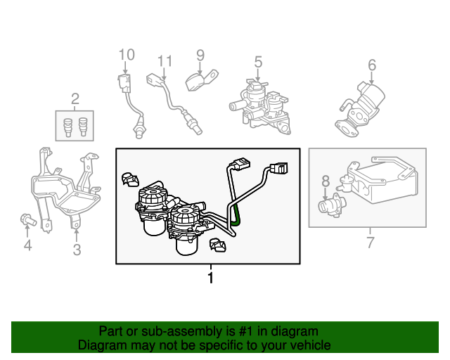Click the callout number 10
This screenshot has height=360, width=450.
click(x=126, y=55)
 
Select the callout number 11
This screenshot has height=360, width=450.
click(x=165, y=61)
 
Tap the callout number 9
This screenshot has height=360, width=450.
click(x=200, y=55)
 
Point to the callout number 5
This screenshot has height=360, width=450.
click(x=258, y=62)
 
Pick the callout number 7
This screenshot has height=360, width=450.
click(x=371, y=243)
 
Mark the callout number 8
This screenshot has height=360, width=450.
click(x=326, y=181)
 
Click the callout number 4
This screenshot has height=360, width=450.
click(x=27, y=245)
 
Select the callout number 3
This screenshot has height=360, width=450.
click(x=77, y=249)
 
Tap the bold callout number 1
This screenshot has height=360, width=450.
click(x=209, y=278)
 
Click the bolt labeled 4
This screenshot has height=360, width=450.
click(x=27, y=219)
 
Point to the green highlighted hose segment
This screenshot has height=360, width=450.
click(x=236, y=212)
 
